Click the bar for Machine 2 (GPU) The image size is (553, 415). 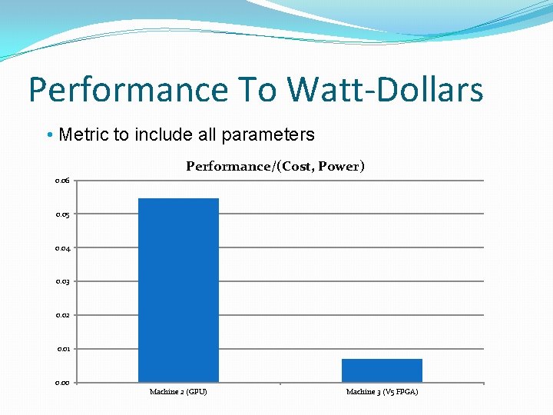click(x=178, y=290)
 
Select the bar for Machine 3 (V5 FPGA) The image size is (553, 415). click(x=382, y=370)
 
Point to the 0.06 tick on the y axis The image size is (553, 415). click(x=63, y=181)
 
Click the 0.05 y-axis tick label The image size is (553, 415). click(x=63, y=214)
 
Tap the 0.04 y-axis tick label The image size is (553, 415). click(x=63, y=248)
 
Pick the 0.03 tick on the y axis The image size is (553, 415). click(x=63, y=282)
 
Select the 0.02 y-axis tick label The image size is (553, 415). click(x=63, y=315)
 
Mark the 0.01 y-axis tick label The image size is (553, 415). click(x=63, y=349)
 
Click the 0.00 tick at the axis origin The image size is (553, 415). click(x=63, y=383)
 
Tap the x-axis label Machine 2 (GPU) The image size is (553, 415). click(x=178, y=392)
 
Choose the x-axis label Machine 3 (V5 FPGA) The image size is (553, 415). click(x=382, y=392)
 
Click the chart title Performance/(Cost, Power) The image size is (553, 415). click(x=275, y=166)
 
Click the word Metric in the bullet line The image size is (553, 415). click(x=84, y=135)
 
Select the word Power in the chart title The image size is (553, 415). click(x=341, y=166)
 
